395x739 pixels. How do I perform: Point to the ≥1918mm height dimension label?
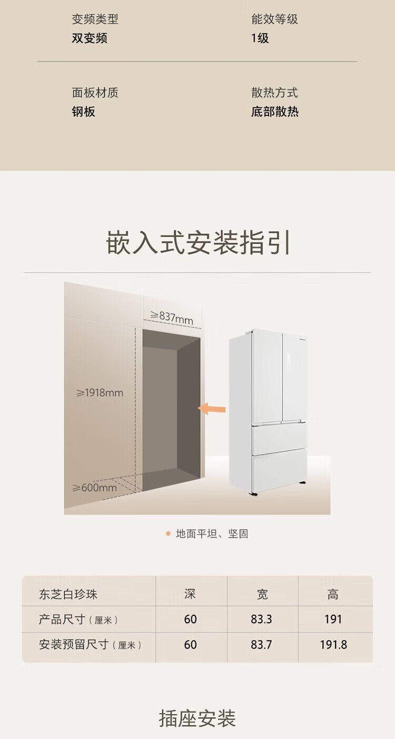pyautogui.click(x=100, y=393)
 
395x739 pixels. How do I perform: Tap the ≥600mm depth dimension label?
pyautogui.click(x=95, y=487)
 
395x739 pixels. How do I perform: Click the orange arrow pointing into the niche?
pyautogui.click(x=212, y=408)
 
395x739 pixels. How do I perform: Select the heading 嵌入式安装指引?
pyautogui.click(x=198, y=243)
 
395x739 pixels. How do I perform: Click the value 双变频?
pyautogui.click(x=90, y=38)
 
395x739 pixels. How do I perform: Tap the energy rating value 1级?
pyautogui.click(x=260, y=38)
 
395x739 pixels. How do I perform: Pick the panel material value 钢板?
pyautogui.click(x=84, y=112)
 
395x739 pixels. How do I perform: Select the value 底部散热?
pyautogui.click(x=274, y=112)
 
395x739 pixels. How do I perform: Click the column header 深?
pyautogui.click(x=190, y=594)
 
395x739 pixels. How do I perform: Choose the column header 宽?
pyautogui.click(x=262, y=594)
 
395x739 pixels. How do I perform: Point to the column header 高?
pyautogui.click(x=333, y=594)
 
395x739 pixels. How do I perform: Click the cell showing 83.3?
pyautogui.click(x=261, y=619)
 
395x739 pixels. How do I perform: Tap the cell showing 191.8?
pyautogui.click(x=333, y=645)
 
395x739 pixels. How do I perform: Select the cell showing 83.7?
pyautogui.click(x=261, y=645)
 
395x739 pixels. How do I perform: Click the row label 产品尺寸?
pyautogui.click(x=62, y=619)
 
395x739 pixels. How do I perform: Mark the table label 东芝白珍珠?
pyautogui.click(x=68, y=594)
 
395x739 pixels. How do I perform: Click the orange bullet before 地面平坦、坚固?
pyautogui.click(x=168, y=534)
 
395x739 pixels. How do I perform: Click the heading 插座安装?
pyautogui.click(x=197, y=718)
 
